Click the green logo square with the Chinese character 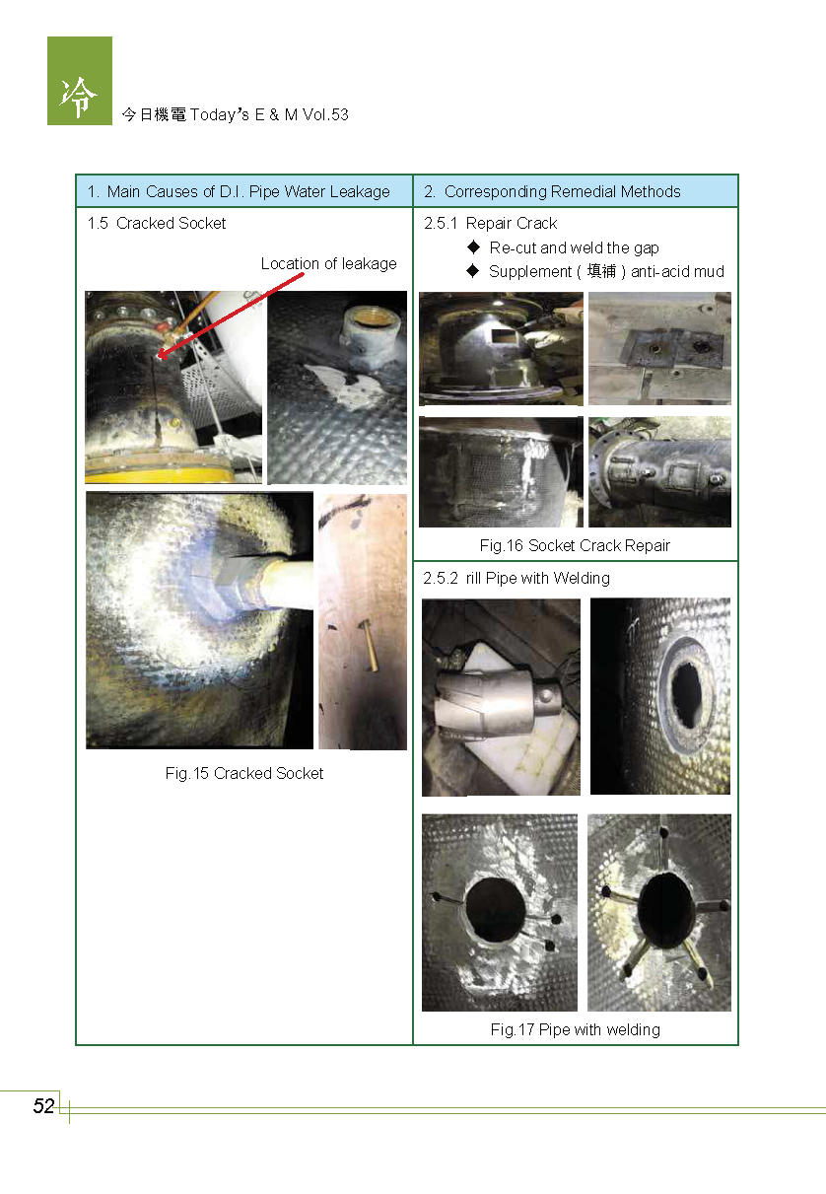(x=80, y=81)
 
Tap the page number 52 (x=43, y=1106)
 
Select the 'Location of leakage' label (x=328, y=263)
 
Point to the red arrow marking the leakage (x=231, y=315)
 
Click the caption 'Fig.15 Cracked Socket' (x=244, y=773)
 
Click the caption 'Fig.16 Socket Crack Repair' (x=575, y=545)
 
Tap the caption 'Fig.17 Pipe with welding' (x=575, y=1029)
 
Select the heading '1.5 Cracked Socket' (x=156, y=223)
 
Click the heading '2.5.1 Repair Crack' (x=490, y=223)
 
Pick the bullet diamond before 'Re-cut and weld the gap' (x=473, y=246)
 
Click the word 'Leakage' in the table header (x=360, y=191)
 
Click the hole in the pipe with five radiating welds (x=665, y=910)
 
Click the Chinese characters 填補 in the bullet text (x=601, y=271)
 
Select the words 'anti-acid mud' (x=677, y=271)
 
